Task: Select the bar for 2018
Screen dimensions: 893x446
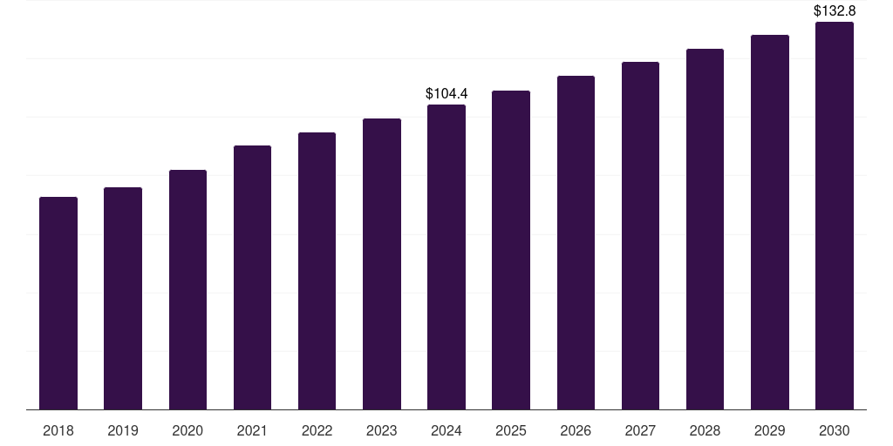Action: click(x=58, y=303)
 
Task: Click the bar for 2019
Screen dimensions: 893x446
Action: click(x=123, y=299)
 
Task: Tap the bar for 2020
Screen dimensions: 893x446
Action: click(x=188, y=289)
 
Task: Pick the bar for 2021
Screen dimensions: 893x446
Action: click(x=252, y=278)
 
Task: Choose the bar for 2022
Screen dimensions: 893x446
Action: click(x=317, y=271)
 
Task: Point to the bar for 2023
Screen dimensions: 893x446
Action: click(x=382, y=264)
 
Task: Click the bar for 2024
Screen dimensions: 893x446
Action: click(x=446, y=257)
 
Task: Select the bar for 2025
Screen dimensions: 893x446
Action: click(x=511, y=250)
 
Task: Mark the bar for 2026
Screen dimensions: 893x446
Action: click(x=576, y=243)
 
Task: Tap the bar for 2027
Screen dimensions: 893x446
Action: click(x=640, y=235)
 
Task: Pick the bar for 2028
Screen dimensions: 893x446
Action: click(x=705, y=229)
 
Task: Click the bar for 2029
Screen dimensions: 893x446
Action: click(x=770, y=222)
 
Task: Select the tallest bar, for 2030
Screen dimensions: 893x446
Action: click(x=835, y=216)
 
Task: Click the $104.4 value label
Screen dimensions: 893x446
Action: click(x=446, y=93)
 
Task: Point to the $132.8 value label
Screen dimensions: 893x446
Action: click(x=835, y=10)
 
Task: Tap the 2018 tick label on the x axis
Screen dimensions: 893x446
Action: click(x=58, y=430)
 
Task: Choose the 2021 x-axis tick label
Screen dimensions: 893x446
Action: click(x=252, y=430)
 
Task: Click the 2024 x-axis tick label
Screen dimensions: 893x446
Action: click(x=446, y=430)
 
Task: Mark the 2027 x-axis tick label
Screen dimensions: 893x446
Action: click(x=640, y=430)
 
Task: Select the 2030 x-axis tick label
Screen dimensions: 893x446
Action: click(x=835, y=430)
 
